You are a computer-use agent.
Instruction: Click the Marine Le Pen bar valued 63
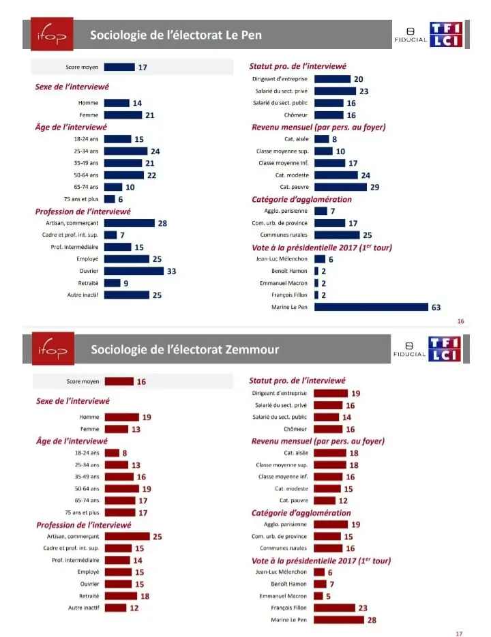[371, 307]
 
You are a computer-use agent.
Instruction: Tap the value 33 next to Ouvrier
[171, 271]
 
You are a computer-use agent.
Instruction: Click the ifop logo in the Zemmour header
[53, 349]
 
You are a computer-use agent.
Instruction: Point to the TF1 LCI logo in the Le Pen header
[446, 35]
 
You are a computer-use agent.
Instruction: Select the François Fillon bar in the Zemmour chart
[335, 608]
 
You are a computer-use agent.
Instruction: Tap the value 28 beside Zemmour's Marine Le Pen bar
[372, 620]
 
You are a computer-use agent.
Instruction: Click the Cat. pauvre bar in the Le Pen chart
[340, 187]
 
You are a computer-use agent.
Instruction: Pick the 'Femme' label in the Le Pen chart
[89, 115]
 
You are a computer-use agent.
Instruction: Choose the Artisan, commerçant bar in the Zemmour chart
[127, 536]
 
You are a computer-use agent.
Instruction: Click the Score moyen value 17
[143, 67]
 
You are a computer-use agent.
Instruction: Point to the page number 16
[460, 321]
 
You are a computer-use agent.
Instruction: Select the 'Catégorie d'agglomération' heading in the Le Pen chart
[301, 199]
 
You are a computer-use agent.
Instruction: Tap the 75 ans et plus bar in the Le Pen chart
[110, 199]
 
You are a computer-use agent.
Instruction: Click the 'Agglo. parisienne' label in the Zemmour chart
[285, 524]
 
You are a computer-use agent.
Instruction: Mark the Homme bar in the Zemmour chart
[122, 417]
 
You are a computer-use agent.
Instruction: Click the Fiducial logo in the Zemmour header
[409, 349]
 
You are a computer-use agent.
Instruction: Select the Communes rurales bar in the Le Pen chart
[337, 235]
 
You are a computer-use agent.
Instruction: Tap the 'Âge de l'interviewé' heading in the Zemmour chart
[72, 441]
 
